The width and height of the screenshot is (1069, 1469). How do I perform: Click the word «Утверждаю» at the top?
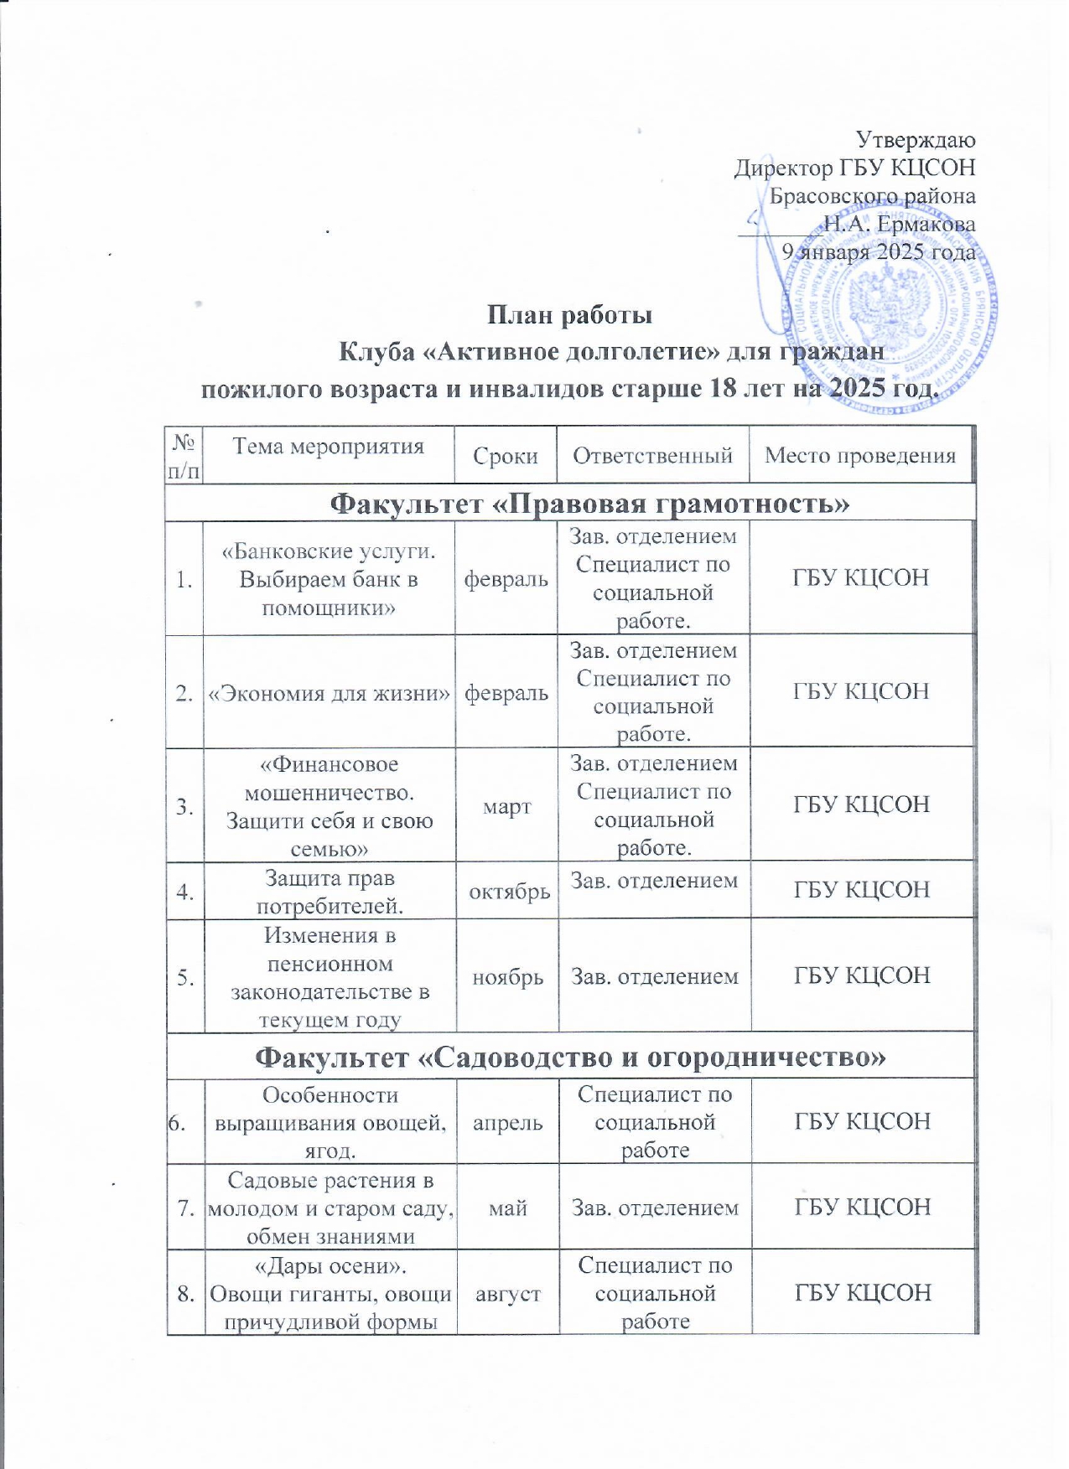click(915, 139)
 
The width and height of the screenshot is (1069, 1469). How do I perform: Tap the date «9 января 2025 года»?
click(878, 251)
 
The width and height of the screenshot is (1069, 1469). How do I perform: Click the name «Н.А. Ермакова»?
click(899, 224)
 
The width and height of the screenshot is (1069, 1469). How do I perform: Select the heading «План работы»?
click(570, 315)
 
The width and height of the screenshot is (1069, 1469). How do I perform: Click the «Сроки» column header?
click(505, 456)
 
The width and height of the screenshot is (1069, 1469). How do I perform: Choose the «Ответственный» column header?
click(652, 456)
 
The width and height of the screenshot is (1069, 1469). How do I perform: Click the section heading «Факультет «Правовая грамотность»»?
click(589, 504)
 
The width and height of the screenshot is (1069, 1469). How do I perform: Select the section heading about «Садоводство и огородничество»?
click(570, 1058)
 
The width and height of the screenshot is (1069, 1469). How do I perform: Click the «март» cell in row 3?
click(506, 807)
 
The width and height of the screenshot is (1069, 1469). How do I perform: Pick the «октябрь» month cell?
click(509, 892)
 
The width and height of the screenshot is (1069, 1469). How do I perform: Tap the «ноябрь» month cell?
click(507, 977)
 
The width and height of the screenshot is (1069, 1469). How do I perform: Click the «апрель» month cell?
click(507, 1123)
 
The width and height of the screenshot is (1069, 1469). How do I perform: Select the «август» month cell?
click(507, 1294)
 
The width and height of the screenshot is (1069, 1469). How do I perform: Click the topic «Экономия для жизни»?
click(329, 693)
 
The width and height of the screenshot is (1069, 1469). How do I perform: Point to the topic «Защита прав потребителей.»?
click(329, 892)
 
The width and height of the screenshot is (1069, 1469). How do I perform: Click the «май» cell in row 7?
click(507, 1208)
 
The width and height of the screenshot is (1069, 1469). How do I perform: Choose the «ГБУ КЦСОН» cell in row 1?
click(860, 578)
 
